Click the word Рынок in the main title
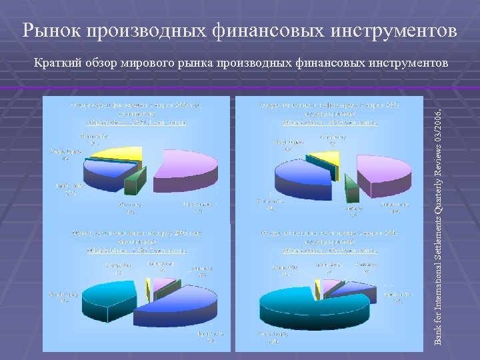(x=50, y=30)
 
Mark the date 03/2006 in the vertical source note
(x=438, y=124)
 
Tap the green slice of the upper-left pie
(x=135, y=181)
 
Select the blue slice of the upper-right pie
(x=303, y=175)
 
